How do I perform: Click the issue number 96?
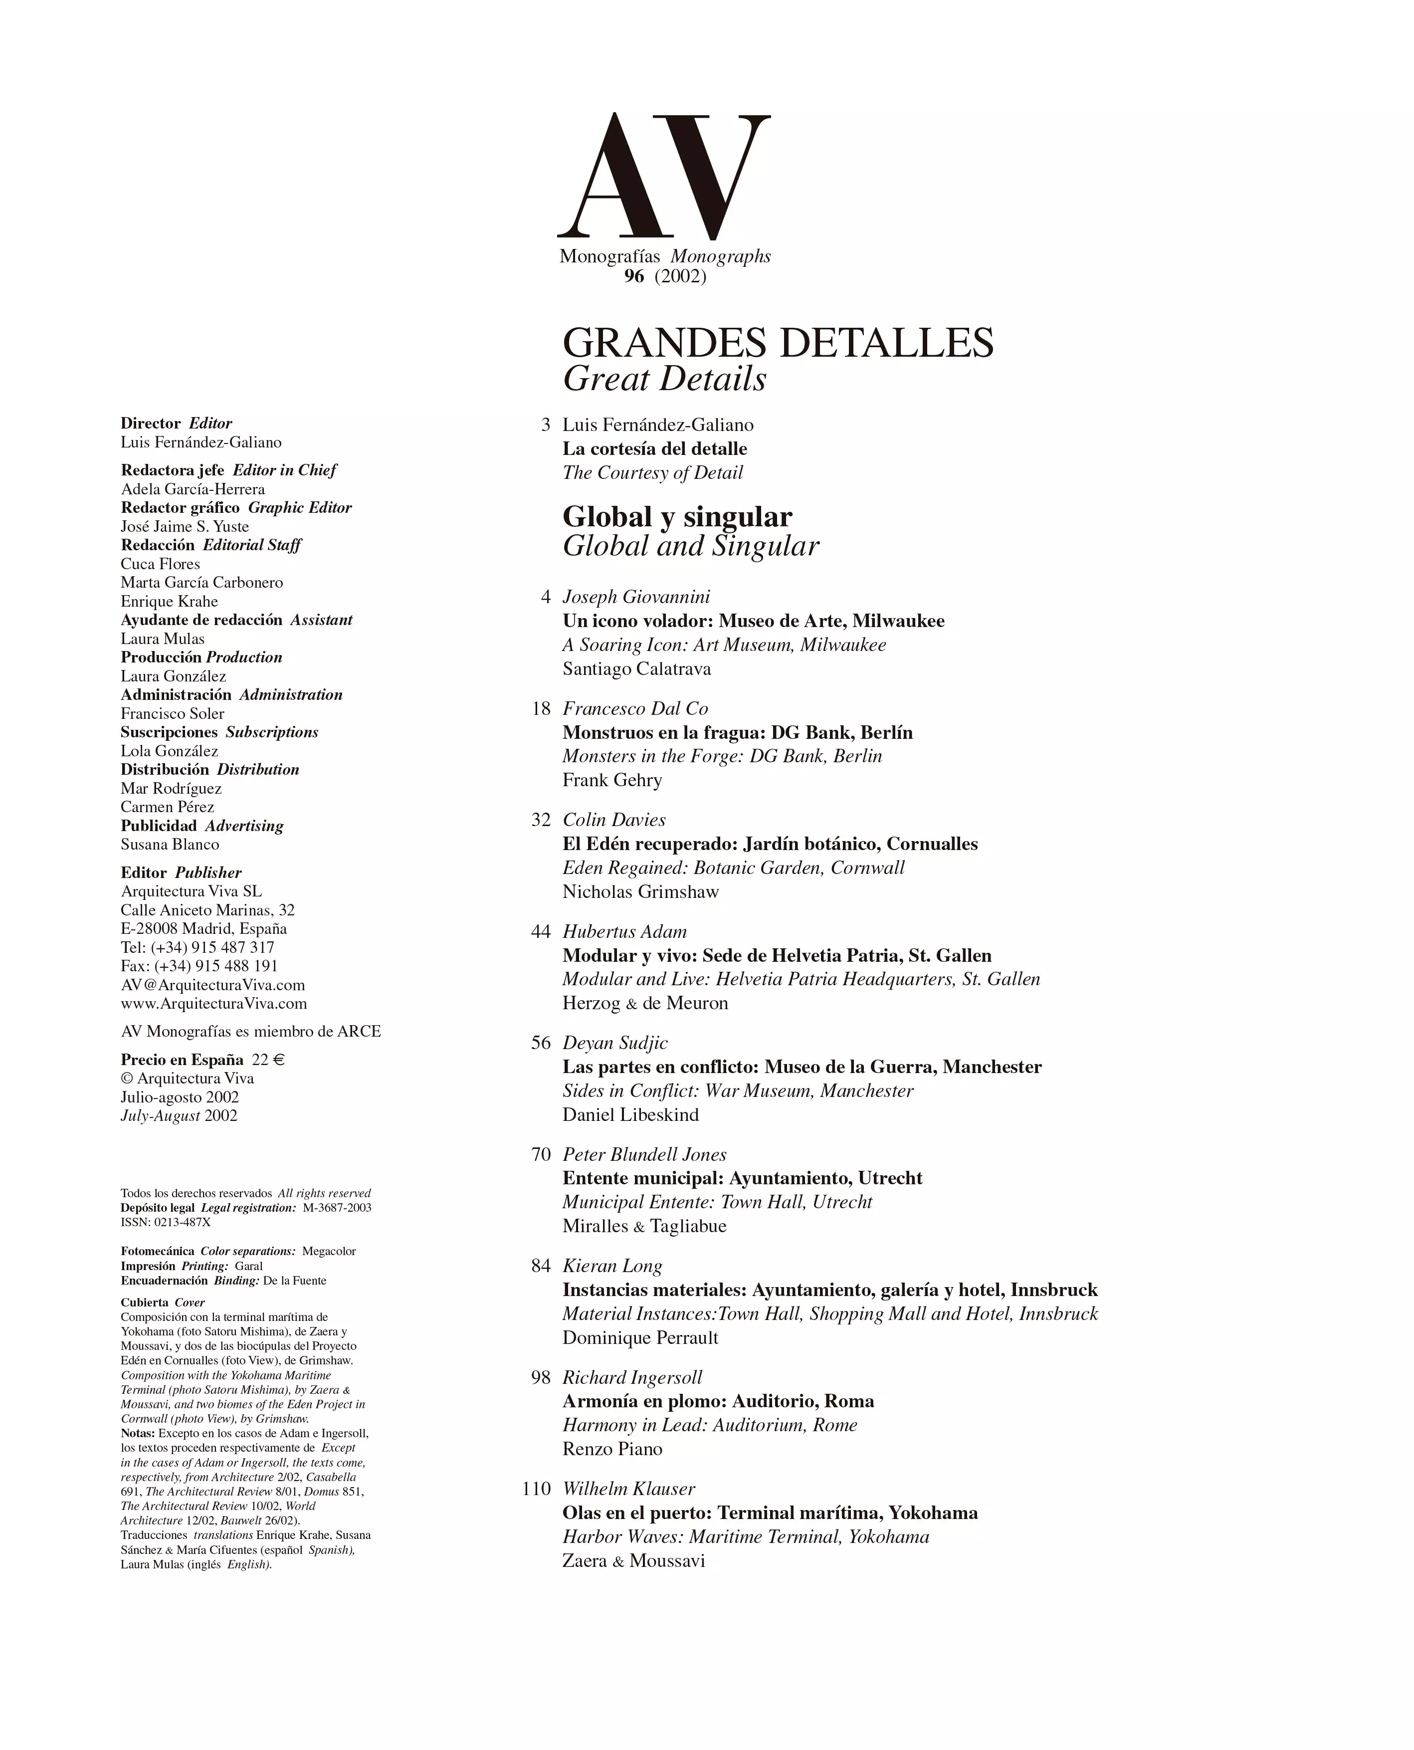click(634, 276)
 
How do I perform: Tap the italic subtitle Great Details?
click(665, 379)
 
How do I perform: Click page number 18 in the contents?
click(541, 709)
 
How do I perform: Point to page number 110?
click(537, 1489)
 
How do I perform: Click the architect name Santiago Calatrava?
click(636, 669)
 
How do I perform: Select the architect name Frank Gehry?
click(611, 781)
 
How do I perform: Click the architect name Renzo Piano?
click(611, 1449)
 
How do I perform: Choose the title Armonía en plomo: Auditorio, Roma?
click(718, 1401)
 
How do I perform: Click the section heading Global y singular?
click(677, 516)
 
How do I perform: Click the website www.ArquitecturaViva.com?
click(213, 1004)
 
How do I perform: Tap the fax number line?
click(199, 966)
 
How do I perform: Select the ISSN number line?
click(166, 1222)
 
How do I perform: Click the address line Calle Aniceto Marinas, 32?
click(207, 910)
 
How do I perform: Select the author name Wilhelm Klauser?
click(628, 1489)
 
